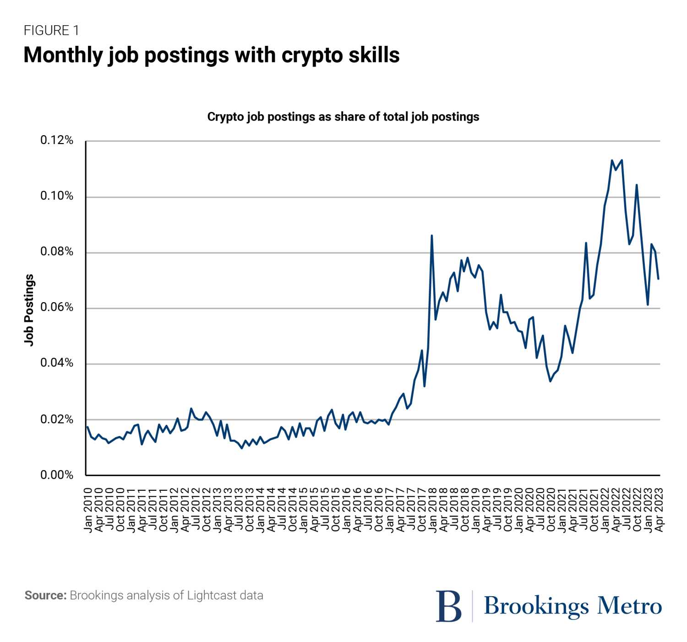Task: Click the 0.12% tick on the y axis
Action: (x=57, y=140)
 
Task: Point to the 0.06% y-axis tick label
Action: (x=57, y=307)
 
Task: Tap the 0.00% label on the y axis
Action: (x=57, y=475)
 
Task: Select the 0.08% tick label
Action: (x=57, y=251)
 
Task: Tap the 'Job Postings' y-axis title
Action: (x=29, y=310)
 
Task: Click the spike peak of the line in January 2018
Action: (x=431, y=236)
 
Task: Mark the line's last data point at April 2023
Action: (x=659, y=279)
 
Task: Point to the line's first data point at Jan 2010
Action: (x=87, y=427)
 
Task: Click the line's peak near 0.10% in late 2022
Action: (x=637, y=185)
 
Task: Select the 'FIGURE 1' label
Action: (x=51, y=31)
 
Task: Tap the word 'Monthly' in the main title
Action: (x=63, y=55)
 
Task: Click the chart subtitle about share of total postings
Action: (x=343, y=117)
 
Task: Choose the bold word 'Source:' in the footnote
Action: (x=46, y=595)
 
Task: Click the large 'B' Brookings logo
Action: (x=448, y=606)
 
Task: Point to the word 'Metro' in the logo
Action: (x=629, y=606)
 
